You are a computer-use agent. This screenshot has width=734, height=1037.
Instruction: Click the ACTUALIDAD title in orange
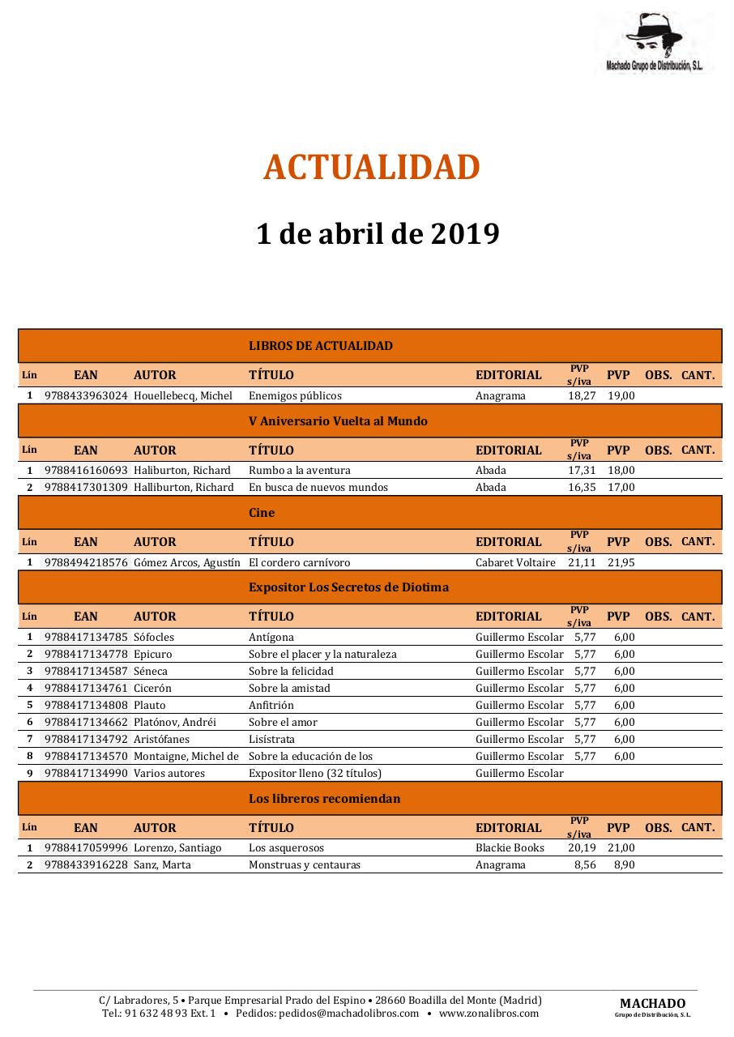371,168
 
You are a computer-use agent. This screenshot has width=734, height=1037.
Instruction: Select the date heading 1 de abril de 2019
378,234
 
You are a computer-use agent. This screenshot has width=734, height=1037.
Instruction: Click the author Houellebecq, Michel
183,396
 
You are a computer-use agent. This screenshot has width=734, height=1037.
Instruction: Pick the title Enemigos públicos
295,396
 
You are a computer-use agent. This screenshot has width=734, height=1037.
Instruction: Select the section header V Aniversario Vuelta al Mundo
338,421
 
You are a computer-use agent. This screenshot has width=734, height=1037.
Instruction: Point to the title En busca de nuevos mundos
318,488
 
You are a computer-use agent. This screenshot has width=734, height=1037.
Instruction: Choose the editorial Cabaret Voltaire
515,562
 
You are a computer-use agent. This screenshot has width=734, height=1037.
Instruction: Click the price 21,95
621,562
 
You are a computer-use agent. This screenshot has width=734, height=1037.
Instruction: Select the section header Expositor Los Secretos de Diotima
348,587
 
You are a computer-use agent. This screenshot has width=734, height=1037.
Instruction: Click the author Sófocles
154,638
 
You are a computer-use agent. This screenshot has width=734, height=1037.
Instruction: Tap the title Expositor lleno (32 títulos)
314,774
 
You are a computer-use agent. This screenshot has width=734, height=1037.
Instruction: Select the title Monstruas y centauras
305,865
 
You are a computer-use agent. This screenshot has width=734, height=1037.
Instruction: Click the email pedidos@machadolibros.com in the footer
349,1014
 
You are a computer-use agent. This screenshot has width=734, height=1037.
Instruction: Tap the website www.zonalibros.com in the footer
489,1014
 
